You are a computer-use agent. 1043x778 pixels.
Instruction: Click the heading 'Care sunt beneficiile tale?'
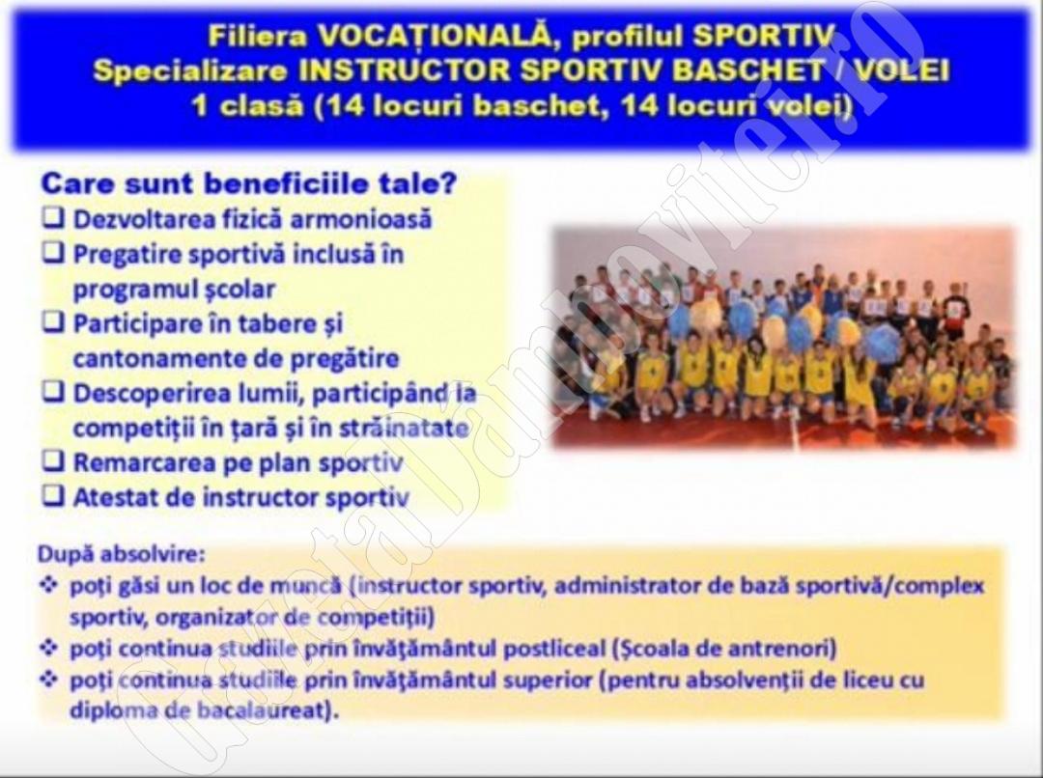click(249, 183)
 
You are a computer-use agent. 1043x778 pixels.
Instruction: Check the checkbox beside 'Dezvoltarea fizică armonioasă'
click(53, 217)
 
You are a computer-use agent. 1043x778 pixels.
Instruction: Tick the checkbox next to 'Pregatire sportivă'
click(53, 253)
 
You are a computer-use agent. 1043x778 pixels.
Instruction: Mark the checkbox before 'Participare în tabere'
click(53, 322)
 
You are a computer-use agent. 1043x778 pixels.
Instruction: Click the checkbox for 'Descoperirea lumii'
click(53, 392)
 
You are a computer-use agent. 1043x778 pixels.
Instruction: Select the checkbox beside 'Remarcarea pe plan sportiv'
click(53, 460)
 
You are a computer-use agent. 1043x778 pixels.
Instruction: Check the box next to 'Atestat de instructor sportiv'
click(53, 495)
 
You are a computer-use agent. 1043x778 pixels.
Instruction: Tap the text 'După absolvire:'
click(122, 554)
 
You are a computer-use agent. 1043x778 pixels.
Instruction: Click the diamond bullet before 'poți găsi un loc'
click(48, 585)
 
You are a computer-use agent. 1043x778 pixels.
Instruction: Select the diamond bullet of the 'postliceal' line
click(48, 647)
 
